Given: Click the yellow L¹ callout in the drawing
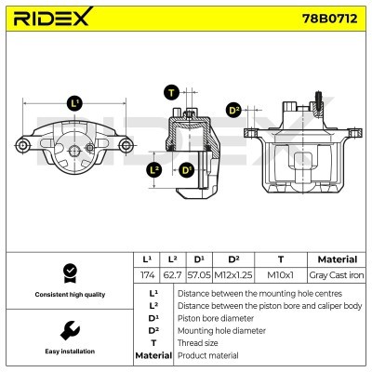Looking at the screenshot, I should [74, 103].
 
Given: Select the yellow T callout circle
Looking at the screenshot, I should [171, 91].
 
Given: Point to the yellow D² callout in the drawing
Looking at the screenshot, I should [234, 111].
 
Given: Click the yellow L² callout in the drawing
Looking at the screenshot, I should [155, 170].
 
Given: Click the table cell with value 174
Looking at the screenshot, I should [147, 275].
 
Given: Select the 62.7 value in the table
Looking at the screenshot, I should [173, 275].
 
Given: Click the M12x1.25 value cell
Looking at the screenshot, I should [232, 275].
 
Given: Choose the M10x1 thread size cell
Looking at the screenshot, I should [281, 275].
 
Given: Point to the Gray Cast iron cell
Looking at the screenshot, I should [337, 275].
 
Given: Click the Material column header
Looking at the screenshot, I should [337, 259].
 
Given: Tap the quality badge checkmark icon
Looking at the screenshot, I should [68, 272].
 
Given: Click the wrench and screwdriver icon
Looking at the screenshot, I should [68, 330].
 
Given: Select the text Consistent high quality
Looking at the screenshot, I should [68, 295].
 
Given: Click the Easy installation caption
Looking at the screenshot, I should [68, 352].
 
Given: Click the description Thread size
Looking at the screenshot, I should [197, 342].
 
